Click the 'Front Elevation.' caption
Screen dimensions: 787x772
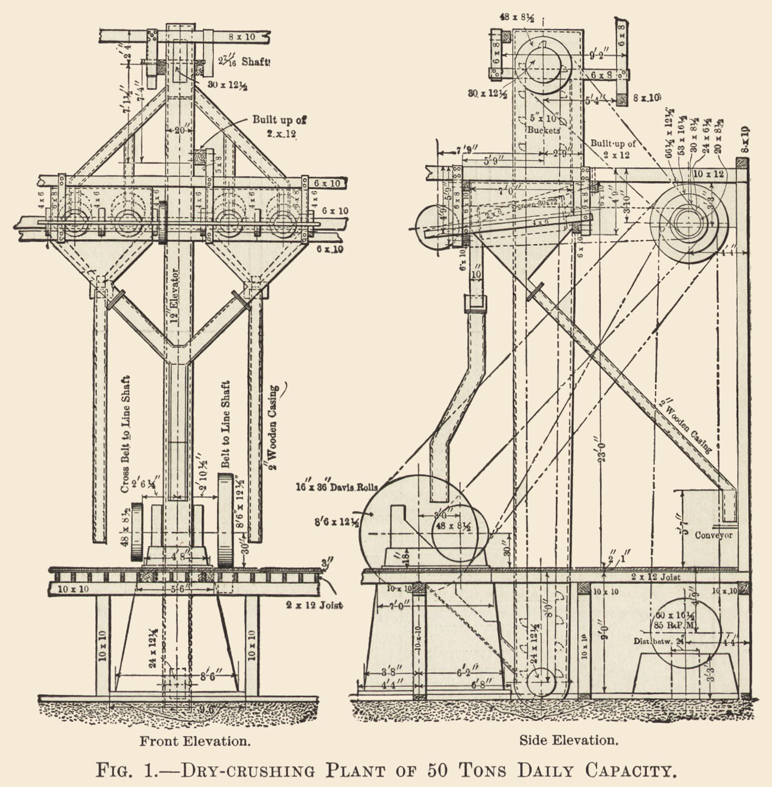tap(195, 741)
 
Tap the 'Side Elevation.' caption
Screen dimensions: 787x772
tap(569, 740)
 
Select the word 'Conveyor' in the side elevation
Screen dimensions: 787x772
tap(713, 535)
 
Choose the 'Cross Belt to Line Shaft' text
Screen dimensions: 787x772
tap(126, 434)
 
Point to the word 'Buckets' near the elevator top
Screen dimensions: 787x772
tap(544, 130)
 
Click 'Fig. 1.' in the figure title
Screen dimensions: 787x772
tap(129, 771)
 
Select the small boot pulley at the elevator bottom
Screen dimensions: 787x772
tap(540, 684)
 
